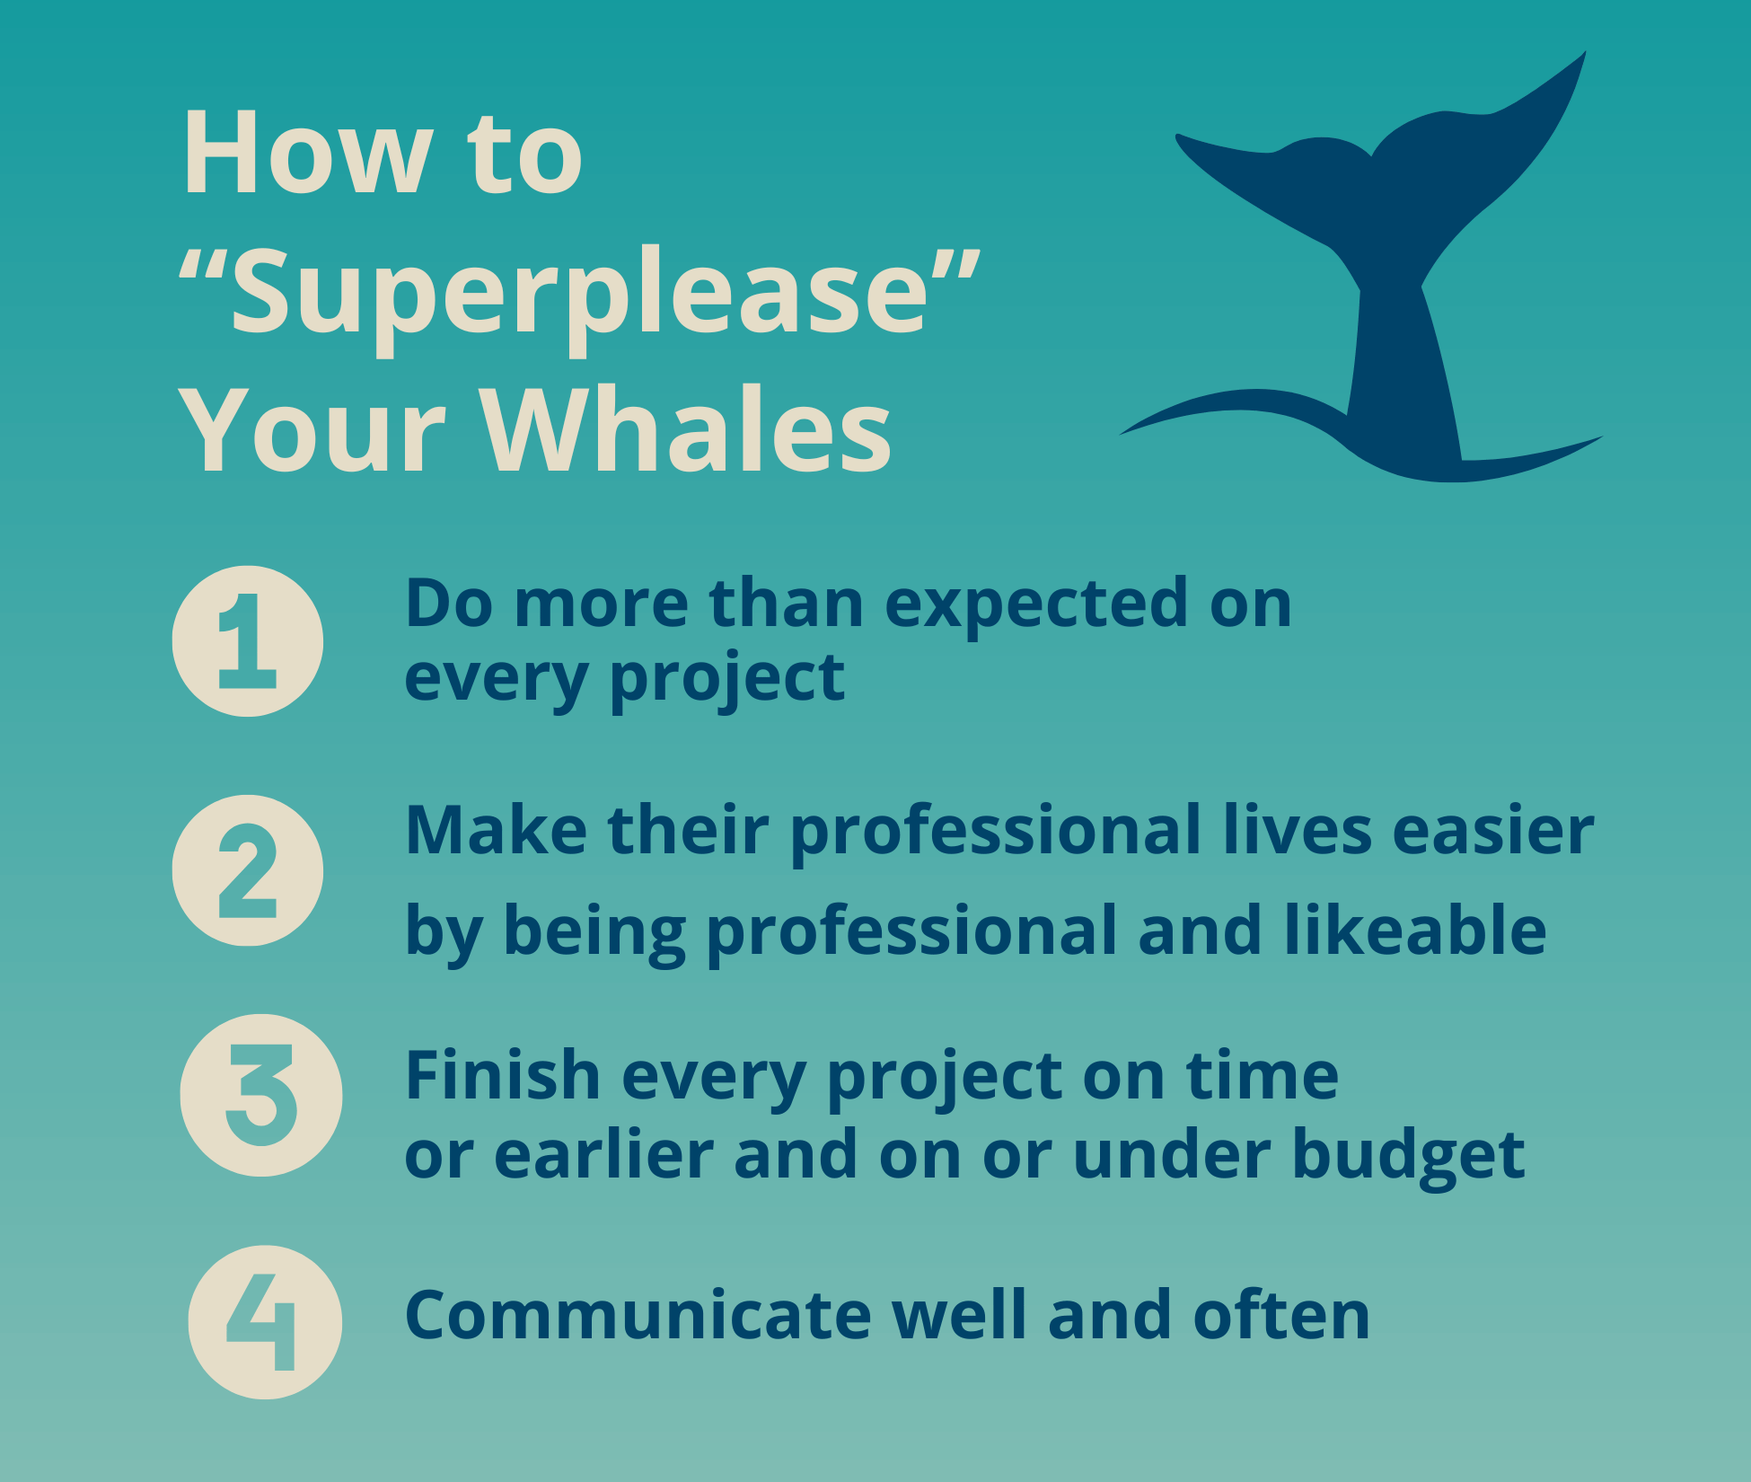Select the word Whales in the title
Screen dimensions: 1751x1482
tap(688, 430)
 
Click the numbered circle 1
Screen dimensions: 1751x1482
tap(248, 641)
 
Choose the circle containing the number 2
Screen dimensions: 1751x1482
tap(248, 870)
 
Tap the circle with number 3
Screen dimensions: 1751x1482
tap(261, 1096)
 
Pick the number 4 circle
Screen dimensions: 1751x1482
tap(265, 1322)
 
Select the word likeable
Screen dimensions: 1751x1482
tap(1415, 930)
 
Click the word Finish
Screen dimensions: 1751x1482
tap(503, 1074)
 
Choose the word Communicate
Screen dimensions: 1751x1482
tap(638, 1316)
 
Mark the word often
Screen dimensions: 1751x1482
tap(1281, 1316)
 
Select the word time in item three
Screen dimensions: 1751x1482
tap(1263, 1076)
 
